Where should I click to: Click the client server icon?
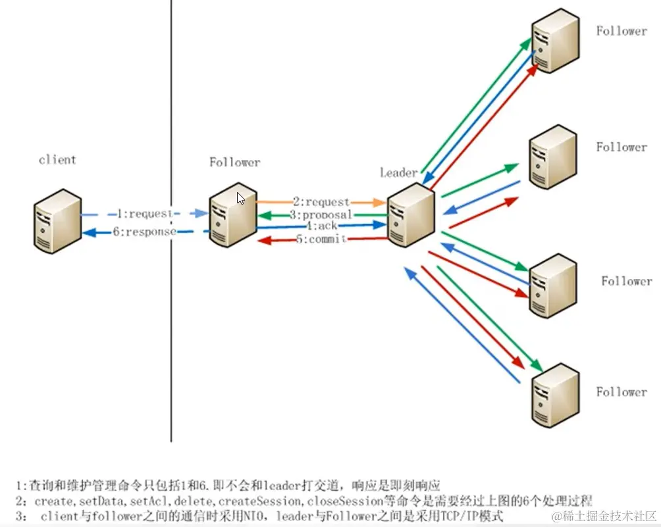[x=57, y=220]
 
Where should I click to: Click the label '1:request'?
[x=144, y=214]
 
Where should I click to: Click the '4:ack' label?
[x=322, y=226]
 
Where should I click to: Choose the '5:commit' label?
[x=321, y=239]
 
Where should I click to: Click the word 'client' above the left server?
[x=57, y=160]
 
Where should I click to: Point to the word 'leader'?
[x=398, y=173]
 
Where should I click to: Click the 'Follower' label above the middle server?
[x=234, y=162]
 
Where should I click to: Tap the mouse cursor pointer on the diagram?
[x=241, y=198]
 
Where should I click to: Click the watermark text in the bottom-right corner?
[x=604, y=515]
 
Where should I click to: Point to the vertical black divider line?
[x=171, y=329]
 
